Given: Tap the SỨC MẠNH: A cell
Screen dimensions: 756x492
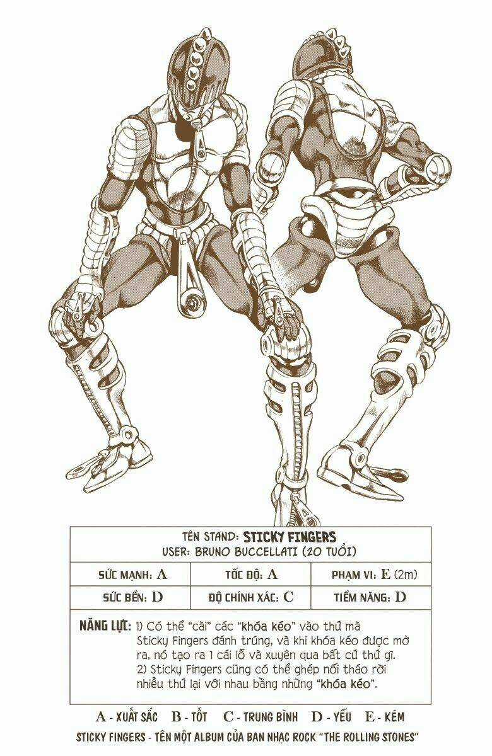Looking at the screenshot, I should tap(133, 575).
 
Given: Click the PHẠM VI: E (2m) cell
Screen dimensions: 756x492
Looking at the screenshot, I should tap(374, 575).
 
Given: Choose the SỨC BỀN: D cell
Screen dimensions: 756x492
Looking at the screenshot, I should tap(133, 597).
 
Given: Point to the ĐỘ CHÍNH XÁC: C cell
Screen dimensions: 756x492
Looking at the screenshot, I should tap(250, 597).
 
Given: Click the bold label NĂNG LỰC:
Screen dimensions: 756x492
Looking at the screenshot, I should tap(105, 627).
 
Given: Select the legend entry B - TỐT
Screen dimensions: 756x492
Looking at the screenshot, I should tap(189, 717).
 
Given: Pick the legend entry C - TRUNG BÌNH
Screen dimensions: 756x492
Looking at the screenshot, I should tap(261, 717).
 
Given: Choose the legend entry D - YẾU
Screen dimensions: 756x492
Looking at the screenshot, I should tap(332, 717).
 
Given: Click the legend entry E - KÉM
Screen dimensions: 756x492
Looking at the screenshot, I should tap(384, 717).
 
